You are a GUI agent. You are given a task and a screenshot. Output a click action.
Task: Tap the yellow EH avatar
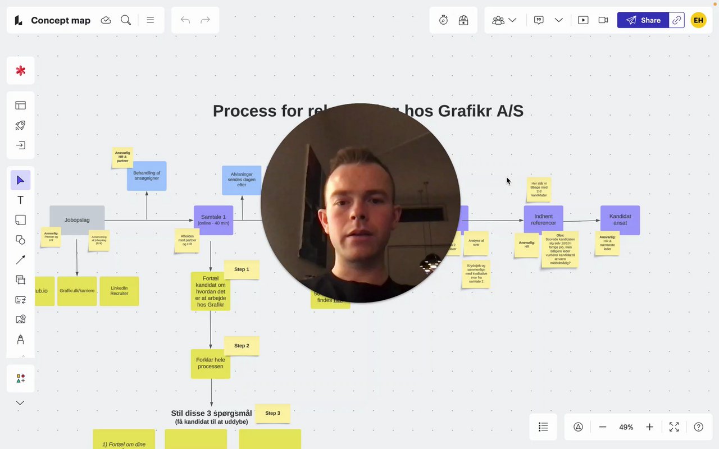pos(698,20)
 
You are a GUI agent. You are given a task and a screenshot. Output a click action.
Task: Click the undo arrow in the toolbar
pos(185,20)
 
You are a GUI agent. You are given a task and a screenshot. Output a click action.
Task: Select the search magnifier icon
pos(126,20)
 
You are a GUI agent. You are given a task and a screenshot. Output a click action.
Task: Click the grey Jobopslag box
pos(77,220)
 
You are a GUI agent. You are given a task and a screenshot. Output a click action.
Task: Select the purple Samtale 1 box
pos(213,220)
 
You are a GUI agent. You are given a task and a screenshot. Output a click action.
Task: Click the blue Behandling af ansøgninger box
pos(147,176)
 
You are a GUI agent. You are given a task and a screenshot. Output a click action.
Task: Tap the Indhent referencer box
pos(543,219)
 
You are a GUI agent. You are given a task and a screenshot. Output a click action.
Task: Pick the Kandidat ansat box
pos(620,219)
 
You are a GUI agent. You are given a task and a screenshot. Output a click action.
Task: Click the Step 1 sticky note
pos(242,269)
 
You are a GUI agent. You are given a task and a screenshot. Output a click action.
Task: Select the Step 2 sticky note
pos(242,346)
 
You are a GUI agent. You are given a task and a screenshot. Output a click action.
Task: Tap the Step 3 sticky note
pos(272,413)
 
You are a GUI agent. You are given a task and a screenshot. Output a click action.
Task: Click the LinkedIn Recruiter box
pos(119,291)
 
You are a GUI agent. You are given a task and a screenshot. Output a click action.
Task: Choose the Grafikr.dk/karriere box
pos(77,291)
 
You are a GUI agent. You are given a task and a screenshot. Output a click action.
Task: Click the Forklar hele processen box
pos(211,363)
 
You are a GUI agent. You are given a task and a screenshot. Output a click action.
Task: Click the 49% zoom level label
pos(626,427)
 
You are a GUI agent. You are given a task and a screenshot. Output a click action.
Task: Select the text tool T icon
pos(20,200)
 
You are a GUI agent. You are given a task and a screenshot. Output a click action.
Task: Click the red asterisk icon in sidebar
pos(20,71)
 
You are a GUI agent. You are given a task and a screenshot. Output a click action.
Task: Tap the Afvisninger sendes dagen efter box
pos(242,180)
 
